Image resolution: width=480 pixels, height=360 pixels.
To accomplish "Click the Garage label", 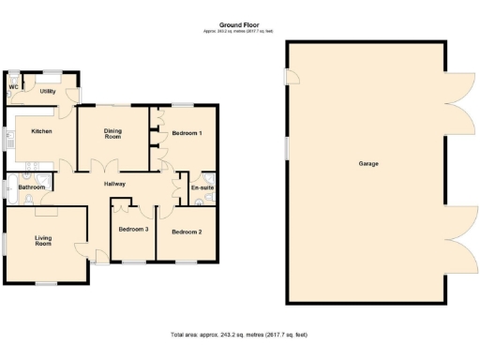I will [368, 164].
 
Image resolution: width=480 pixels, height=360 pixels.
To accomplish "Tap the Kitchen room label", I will [40, 131].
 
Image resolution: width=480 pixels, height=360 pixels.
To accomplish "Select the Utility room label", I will [47, 91].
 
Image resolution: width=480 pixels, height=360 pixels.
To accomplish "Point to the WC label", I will [13, 87].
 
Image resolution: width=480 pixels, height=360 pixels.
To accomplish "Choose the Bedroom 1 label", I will [187, 133].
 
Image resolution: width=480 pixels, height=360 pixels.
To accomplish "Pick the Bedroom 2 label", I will [187, 231].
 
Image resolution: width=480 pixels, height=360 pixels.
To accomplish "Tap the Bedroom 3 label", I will [133, 229].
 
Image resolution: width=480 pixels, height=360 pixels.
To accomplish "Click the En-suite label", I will [202, 187].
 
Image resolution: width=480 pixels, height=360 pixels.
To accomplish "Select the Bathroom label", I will [31, 187].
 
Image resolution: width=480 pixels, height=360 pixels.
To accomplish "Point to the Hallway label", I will [114, 184].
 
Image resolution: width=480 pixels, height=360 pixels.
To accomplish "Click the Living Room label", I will [43, 241].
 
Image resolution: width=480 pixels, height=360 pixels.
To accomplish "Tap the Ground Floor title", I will [238, 25].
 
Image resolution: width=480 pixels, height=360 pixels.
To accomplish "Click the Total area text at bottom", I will [239, 335].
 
